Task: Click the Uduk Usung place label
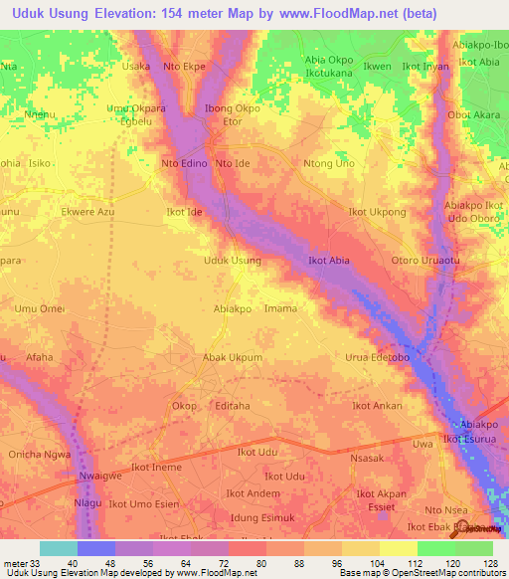point(232,261)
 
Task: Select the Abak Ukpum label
point(232,357)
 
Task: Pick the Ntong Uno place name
point(328,163)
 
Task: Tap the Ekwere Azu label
point(88,212)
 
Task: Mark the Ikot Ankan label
point(378,406)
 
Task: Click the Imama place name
point(280,308)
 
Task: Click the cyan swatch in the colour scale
point(59,548)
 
